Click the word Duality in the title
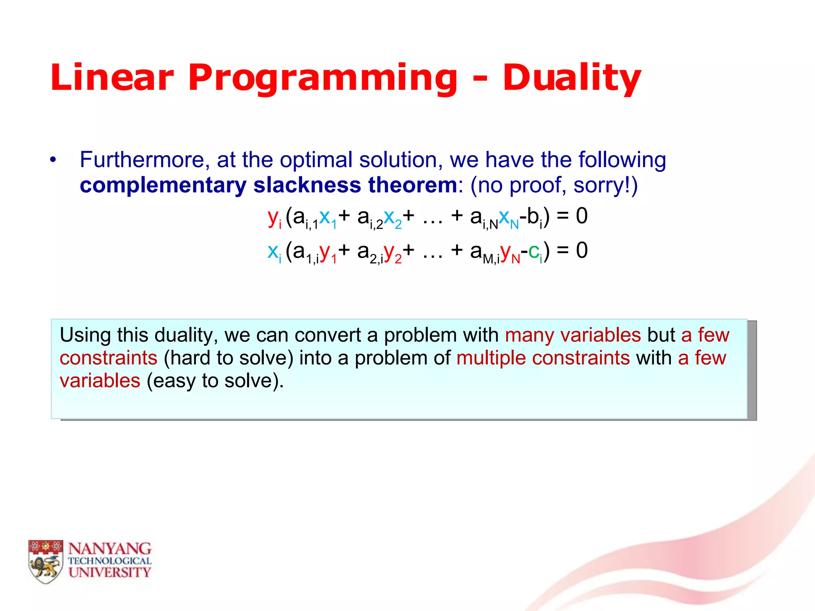tap(571, 78)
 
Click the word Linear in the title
tap(112, 78)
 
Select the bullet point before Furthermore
tap(53, 160)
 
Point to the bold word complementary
tap(163, 185)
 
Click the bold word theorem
tap(412, 185)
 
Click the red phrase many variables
tap(573, 335)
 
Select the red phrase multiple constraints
tap(543, 358)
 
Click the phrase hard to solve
tap(228, 358)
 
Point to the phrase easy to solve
tap(215, 381)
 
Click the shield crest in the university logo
tap(46, 561)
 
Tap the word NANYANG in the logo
tap(110, 549)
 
